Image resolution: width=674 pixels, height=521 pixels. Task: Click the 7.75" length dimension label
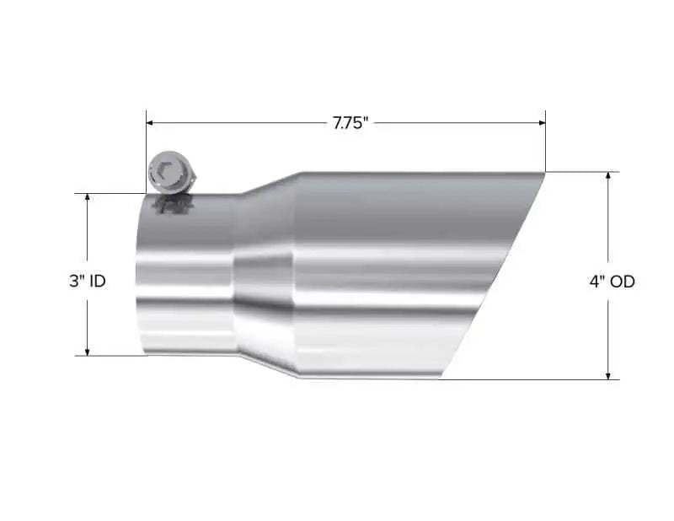(x=348, y=123)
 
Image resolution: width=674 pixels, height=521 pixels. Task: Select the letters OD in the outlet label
(x=622, y=282)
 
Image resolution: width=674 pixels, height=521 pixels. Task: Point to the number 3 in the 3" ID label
(x=73, y=282)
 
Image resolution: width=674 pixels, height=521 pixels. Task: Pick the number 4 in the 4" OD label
(x=594, y=282)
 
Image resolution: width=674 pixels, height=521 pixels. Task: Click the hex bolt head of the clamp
(x=167, y=172)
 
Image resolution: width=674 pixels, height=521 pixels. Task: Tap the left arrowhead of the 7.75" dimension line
(x=151, y=123)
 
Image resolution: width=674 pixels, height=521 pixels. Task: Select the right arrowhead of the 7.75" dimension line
(x=541, y=123)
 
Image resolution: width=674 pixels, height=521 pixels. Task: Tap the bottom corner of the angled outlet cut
(x=439, y=379)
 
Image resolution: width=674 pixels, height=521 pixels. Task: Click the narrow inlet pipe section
(x=185, y=278)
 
